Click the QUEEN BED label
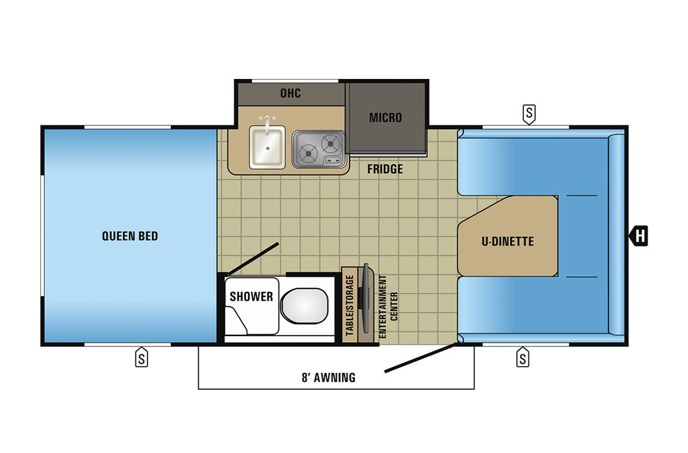click(x=130, y=236)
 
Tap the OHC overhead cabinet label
click(x=291, y=93)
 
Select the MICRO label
click(x=385, y=118)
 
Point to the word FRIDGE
click(x=385, y=169)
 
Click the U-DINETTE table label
click(x=507, y=241)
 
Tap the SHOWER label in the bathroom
click(x=252, y=297)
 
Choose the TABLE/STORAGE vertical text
click(x=350, y=305)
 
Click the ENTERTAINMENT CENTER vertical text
click(x=388, y=307)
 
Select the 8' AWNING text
click(x=329, y=378)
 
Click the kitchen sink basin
click(x=267, y=147)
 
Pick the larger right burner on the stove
click(x=331, y=143)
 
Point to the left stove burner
click(x=308, y=154)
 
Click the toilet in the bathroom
click(x=304, y=305)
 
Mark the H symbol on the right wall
click(x=639, y=236)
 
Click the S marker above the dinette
click(x=529, y=114)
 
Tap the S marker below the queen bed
click(x=141, y=357)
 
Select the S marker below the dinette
click(x=523, y=357)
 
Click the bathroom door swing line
click(x=253, y=259)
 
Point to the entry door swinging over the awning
click(x=421, y=358)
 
